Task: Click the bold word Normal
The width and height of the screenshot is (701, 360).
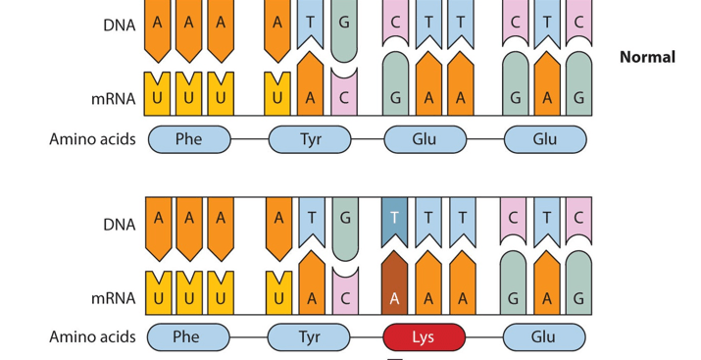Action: coord(647,57)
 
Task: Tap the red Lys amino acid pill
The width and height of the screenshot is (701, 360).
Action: coord(425,336)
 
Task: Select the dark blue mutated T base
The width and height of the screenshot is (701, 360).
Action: coord(394,222)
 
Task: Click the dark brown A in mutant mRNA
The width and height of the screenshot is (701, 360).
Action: coord(394,283)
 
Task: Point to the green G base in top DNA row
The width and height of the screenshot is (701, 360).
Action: coord(344,30)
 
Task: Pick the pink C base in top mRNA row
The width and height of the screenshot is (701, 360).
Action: coord(344,92)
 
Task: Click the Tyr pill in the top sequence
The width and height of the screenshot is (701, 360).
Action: coord(310,139)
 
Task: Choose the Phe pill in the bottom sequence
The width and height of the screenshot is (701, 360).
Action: coord(188,336)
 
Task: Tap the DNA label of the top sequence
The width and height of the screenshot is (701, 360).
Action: coord(119,26)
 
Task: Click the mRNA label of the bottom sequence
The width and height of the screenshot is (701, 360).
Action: coord(113,298)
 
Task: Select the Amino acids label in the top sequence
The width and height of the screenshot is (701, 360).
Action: coord(92,139)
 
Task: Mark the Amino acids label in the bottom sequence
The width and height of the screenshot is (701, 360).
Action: coord(92,336)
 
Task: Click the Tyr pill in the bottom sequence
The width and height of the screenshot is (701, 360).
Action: coord(309,336)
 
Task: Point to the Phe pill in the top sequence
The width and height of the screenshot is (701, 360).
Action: coord(189,139)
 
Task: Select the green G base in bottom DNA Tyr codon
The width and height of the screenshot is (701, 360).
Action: coord(345,229)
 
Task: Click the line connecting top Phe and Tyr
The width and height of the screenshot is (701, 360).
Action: coord(250,139)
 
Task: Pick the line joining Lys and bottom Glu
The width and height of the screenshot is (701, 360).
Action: coord(484,336)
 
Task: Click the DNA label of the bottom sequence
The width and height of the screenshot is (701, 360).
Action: coord(119,224)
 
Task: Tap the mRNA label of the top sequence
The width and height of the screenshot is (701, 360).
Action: coord(113,98)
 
